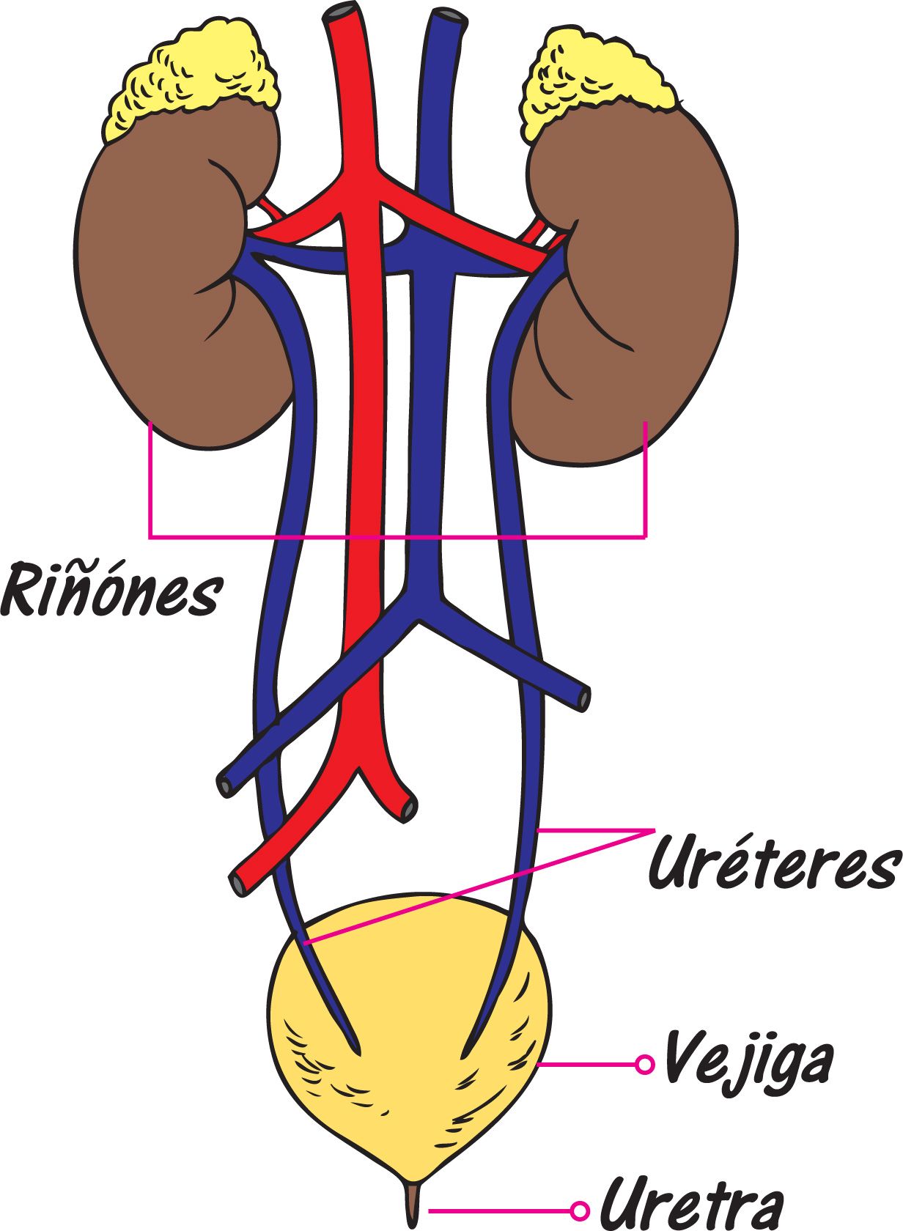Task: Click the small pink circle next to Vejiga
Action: [x=644, y=1064]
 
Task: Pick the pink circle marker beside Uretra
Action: [x=580, y=1210]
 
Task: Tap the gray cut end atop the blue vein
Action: [x=449, y=17]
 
